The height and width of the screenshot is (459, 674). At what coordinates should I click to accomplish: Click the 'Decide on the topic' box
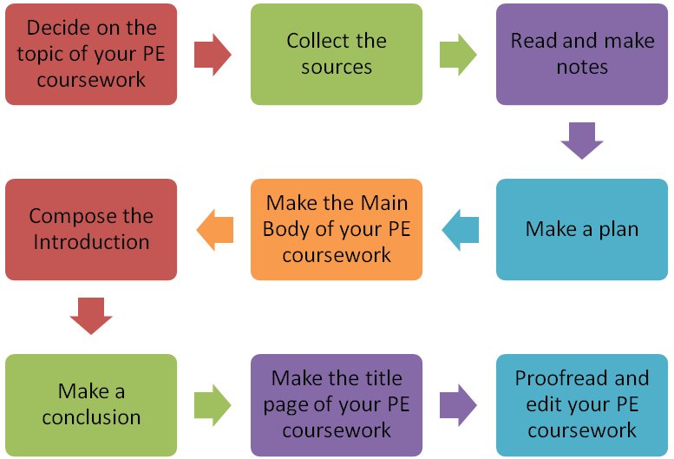tap(91, 54)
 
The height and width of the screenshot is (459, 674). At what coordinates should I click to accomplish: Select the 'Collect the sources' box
tap(337, 54)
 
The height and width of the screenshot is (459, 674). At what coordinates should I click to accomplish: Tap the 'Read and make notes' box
tap(582, 54)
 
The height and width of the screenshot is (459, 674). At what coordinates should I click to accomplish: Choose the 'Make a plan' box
tap(582, 230)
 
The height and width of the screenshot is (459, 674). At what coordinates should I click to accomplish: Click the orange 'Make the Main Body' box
tap(337, 230)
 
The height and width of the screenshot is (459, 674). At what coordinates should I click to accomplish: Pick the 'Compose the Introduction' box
tap(91, 230)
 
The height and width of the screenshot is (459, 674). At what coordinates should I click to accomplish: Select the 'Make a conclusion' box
tap(91, 405)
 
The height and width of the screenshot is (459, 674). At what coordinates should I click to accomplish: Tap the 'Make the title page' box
tap(337, 405)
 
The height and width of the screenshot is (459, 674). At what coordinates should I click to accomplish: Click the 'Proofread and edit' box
tap(582, 405)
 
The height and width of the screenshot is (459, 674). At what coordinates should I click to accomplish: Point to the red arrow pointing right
tap(213, 55)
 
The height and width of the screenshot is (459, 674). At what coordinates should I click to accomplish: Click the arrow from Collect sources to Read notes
tap(458, 55)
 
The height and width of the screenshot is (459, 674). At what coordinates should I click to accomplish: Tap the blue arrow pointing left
tap(460, 230)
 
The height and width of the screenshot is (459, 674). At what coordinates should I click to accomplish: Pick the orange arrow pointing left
tap(214, 230)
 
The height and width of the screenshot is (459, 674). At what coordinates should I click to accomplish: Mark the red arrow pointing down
tap(91, 316)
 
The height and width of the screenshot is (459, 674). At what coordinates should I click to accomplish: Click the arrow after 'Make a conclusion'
tap(213, 404)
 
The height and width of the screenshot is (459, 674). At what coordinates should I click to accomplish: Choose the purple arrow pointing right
tap(458, 404)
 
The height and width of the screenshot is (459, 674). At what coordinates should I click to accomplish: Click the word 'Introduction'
tap(91, 242)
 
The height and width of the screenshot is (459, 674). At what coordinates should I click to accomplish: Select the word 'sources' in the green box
tap(337, 67)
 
